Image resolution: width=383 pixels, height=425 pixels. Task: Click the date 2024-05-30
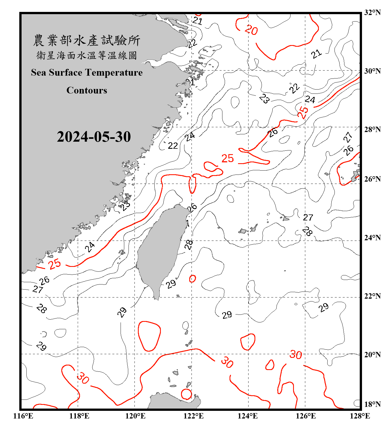(x=94, y=137)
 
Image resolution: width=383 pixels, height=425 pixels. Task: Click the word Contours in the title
(x=87, y=90)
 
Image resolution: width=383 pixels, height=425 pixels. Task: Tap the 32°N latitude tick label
(x=372, y=12)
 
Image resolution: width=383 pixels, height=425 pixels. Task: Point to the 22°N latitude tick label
(x=372, y=296)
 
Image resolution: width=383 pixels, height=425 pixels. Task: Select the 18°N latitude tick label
(x=372, y=404)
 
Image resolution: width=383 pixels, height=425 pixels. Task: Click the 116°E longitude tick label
(x=23, y=416)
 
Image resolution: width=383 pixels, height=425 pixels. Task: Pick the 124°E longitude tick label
(x=248, y=416)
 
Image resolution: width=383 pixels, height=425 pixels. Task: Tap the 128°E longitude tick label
(x=360, y=416)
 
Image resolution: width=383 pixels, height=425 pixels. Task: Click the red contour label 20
(x=251, y=30)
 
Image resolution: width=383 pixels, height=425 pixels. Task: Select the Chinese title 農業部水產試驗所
(x=87, y=41)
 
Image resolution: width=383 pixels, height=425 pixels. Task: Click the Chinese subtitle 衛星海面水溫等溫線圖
(x=87, y=56)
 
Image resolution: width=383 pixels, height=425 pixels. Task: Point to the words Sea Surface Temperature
(x=87, y=73)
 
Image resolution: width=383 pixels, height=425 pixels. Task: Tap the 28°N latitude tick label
(x=372, y=129)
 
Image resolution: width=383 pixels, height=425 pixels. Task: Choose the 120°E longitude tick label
(x=135, y=416)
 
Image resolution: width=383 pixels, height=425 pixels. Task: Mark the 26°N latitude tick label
(x=372, y=179)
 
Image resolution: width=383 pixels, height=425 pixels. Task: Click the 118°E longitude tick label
(x=79, y=416)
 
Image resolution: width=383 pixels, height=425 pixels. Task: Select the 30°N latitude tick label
(x=372, y=71)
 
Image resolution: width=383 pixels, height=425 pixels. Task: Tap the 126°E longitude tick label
(x=306, y=416)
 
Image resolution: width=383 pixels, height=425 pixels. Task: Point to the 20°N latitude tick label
(x=372, y=355)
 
